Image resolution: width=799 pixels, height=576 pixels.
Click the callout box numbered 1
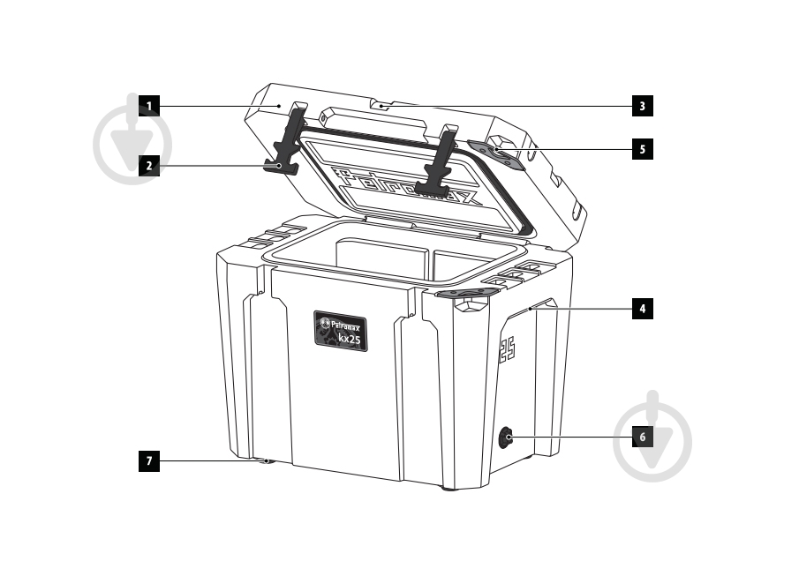click(x=149, y=106)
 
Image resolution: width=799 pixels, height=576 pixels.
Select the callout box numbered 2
click(x=149, y=165)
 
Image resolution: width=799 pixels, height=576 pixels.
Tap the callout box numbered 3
click(x=643, y=106)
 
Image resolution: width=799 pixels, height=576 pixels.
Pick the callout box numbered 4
click(x=643, y=309)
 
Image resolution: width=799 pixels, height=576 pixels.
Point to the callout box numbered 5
click(x=643, y=149)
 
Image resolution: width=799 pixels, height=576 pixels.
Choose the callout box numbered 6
click(x=643, y=437)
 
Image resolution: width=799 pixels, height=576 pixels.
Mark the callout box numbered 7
click(x=149, y=460)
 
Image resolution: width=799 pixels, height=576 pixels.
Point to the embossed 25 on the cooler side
click(x=508, y=349)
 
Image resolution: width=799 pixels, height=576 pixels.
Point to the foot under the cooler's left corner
click(x=267, y=460)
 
